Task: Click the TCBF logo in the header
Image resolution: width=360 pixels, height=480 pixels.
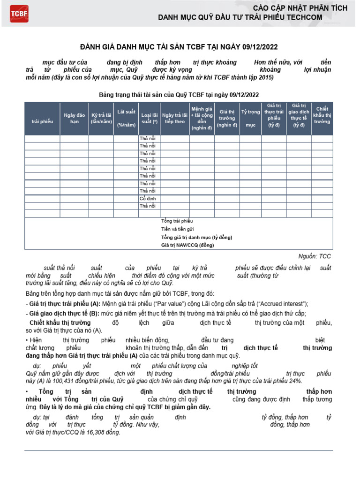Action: point(19,14)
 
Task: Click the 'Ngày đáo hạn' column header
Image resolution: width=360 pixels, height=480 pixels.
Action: point(74,118)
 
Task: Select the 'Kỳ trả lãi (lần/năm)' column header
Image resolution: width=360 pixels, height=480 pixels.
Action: point(101,118)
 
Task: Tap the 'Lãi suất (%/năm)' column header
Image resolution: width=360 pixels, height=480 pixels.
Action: point(127,118)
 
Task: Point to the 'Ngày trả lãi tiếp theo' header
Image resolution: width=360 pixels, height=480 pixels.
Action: point(174,118)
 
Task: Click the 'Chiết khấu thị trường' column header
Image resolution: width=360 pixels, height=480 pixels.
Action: point(322,115)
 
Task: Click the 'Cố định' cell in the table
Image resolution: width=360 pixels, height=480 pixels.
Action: point(148,199)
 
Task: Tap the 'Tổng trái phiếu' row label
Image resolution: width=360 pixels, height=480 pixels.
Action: point(177,221)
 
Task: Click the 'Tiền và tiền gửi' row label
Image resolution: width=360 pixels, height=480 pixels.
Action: point(177,229)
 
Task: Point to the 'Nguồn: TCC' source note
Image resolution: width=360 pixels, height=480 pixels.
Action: point(315,256)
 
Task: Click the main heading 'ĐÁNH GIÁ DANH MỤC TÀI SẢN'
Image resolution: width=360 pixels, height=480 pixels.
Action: point(180,47)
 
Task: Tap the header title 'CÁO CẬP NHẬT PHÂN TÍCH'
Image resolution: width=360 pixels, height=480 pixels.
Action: point(300,8)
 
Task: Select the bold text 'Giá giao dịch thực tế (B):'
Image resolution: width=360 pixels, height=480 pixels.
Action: point(62,314)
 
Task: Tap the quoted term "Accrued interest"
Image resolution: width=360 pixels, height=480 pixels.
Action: point(283,304)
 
